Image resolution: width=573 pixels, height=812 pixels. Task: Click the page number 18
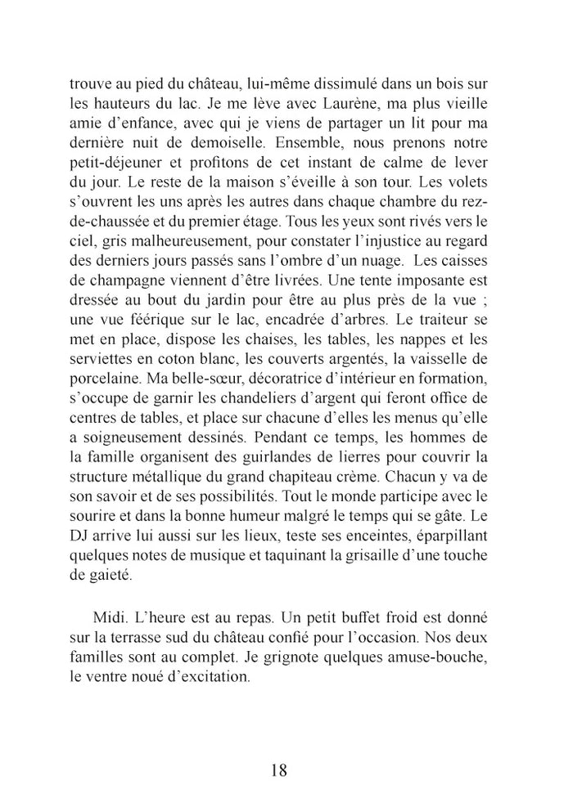(278, 769)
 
